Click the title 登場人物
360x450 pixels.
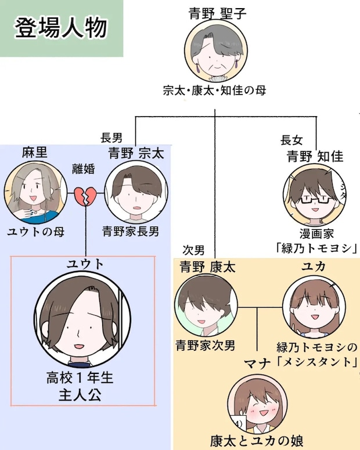[x=61, y=28]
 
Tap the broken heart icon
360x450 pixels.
[x=85, y=196]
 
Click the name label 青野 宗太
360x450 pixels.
[x=136, y=153]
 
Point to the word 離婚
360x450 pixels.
[x=83, y=169]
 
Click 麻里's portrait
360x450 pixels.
[x=35, y=192]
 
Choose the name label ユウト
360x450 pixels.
[x=85, y=264]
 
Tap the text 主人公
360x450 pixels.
[x=80, y=395]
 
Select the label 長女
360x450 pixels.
[x=291, y=141]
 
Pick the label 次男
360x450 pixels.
[x=193, y=250]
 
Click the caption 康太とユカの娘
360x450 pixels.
[x=257, y=441]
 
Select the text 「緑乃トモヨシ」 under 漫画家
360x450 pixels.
[x=315, y=249]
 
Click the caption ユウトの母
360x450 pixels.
[x=35, y=231]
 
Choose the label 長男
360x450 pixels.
[x=111, y=138]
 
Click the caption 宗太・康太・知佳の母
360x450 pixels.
[x=214, y=91]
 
